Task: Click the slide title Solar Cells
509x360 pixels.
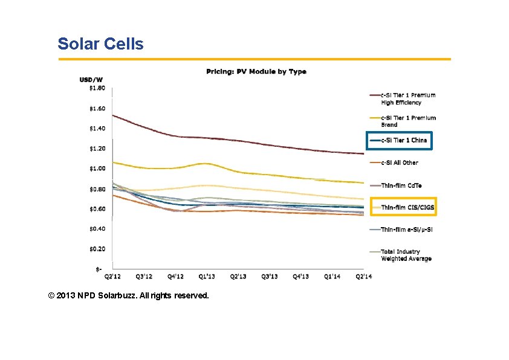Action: [100, 44]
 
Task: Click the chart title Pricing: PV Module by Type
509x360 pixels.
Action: [256, 71]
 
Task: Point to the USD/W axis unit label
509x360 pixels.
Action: [91, 80]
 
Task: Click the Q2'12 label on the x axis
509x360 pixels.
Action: [112, 276]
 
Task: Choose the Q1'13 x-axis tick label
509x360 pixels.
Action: [207, 276]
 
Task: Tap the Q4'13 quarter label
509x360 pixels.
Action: [301, 276]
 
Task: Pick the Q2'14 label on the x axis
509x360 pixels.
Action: [363, 276]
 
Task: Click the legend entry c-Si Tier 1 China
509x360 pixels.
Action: [404, 140]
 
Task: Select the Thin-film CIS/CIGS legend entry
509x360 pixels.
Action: [407, 207]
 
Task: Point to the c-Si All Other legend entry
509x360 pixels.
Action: [399, 162]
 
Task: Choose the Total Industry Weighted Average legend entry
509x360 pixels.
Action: [406, 255]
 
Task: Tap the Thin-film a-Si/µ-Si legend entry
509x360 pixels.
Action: [406, 230]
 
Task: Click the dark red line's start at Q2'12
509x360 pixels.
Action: [113, 115]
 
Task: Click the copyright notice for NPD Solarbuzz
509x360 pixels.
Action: [129, 296]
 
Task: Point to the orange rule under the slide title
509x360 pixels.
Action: [254, 59]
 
